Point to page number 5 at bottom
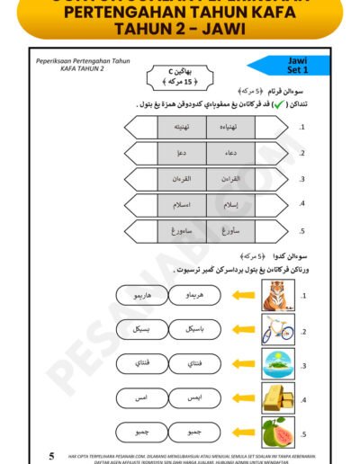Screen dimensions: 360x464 point(51,455)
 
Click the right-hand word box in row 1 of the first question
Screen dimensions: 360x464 point(230,128)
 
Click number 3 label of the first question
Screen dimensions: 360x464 point(302,178)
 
